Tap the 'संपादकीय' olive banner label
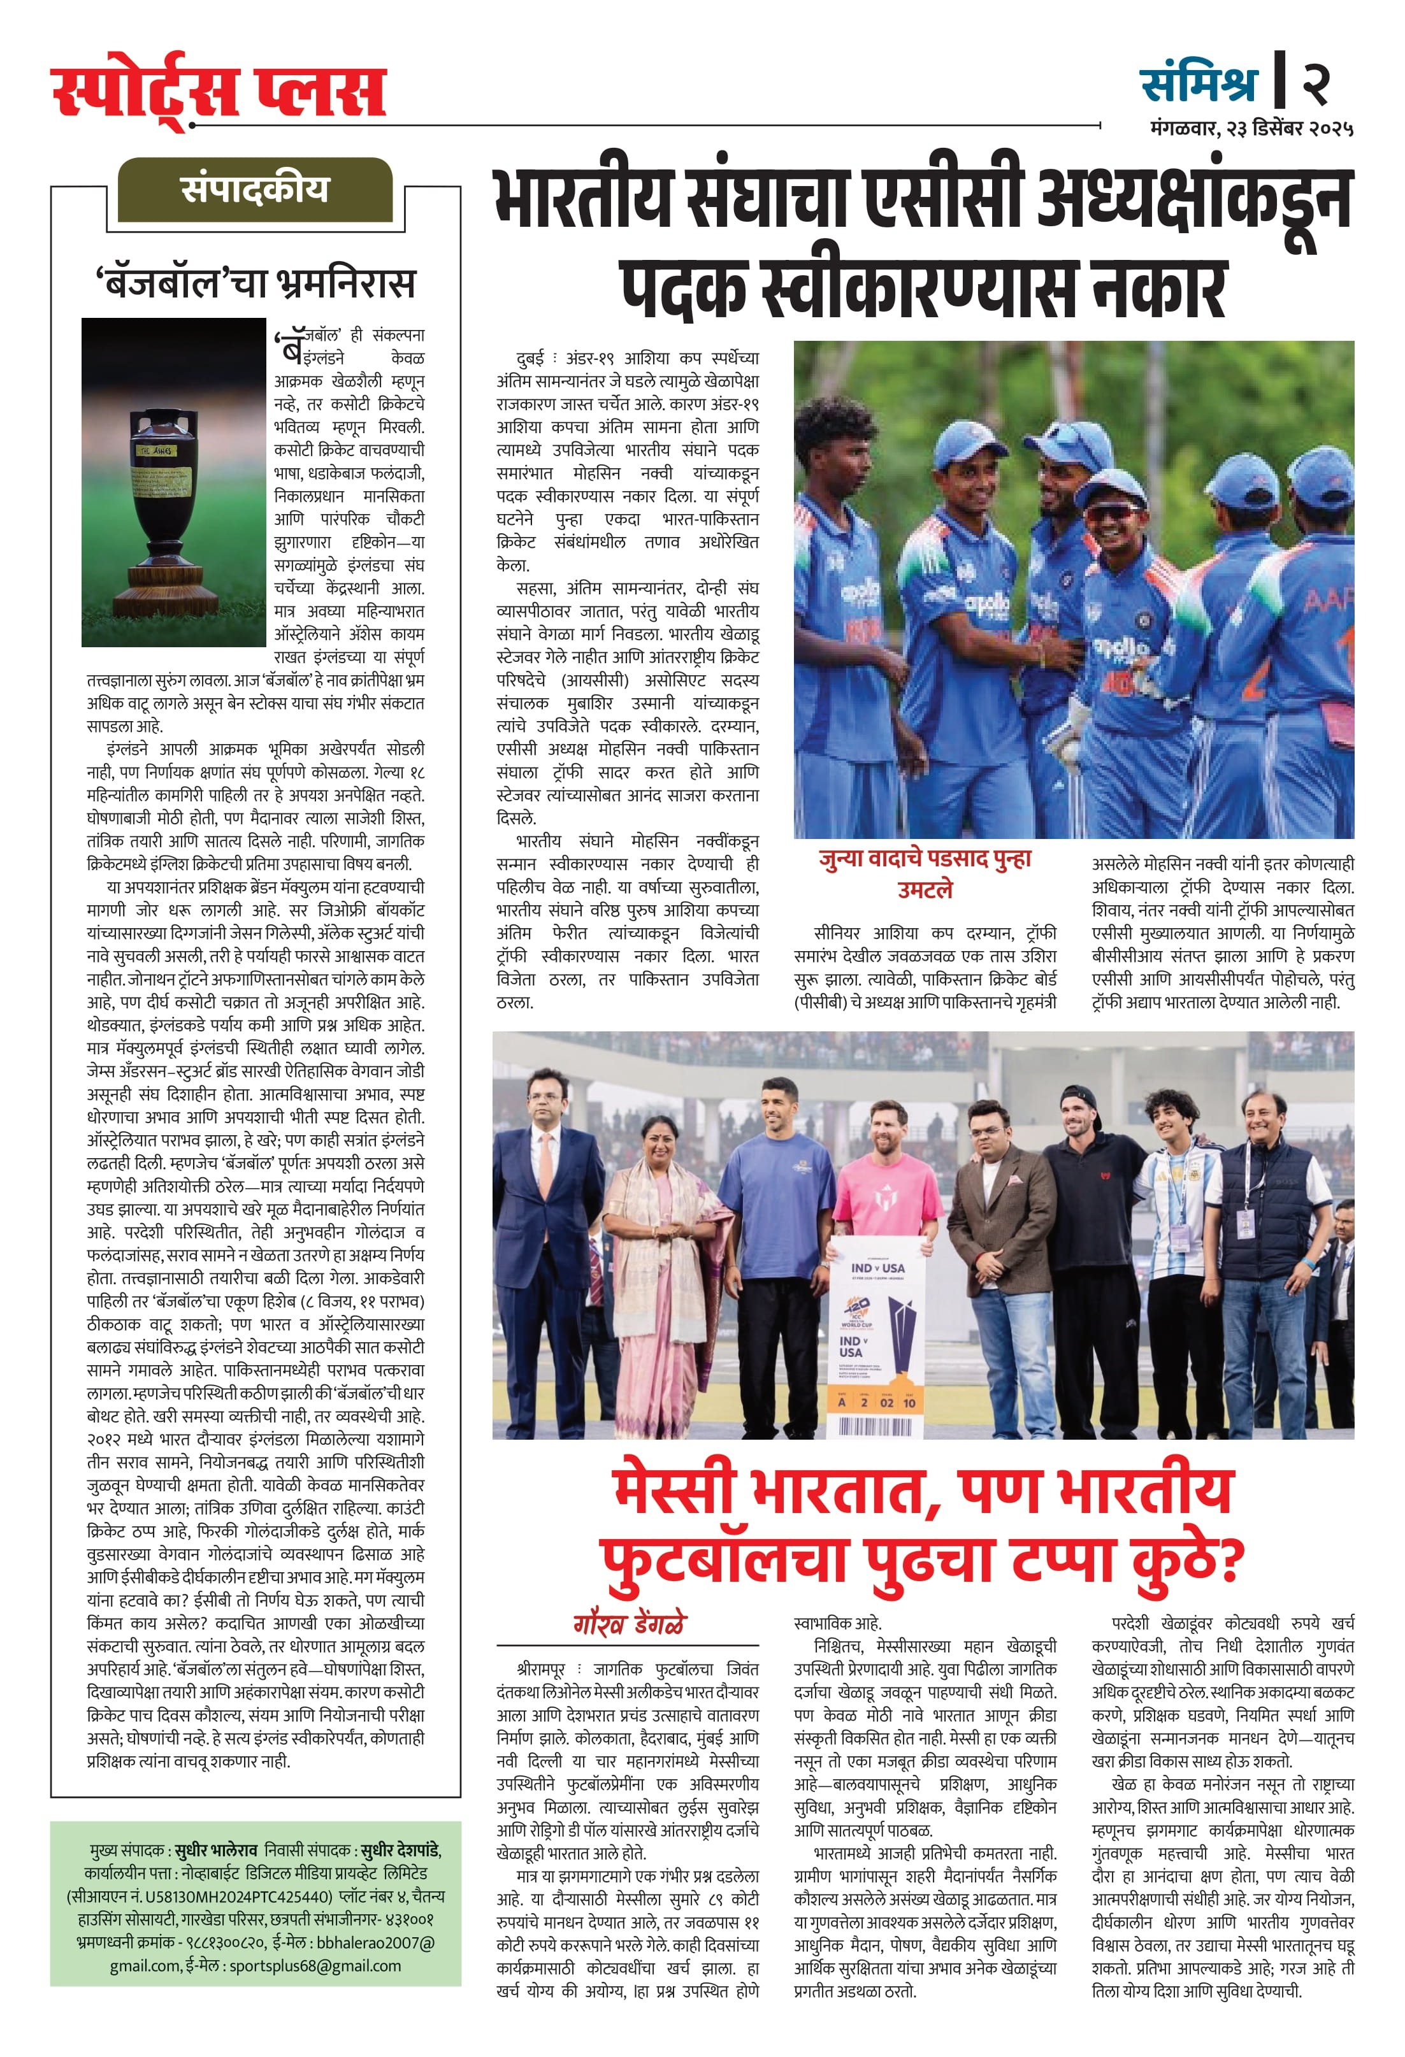(255, 189)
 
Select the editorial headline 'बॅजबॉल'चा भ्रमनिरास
(255, 284)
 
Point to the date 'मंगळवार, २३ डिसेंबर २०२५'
(1251, 129)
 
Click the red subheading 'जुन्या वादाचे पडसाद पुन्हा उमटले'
(925, 873)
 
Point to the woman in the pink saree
(666, 1257)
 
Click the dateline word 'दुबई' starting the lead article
(530, 359)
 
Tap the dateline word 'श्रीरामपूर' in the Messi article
(541, 1669)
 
